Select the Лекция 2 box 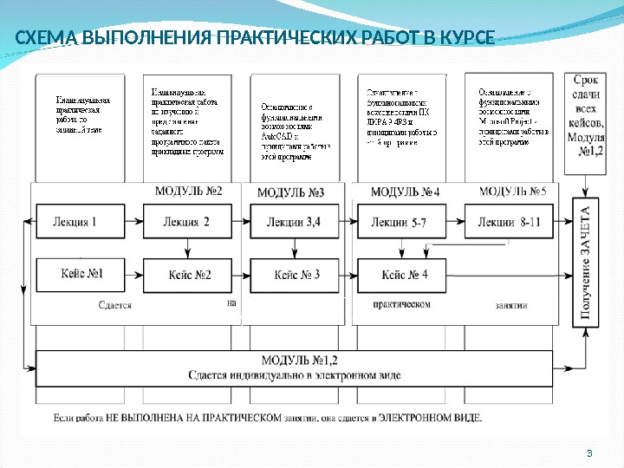[185, 222]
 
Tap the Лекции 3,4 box [294, 222]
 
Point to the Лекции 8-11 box [509, 222]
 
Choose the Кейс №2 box [190, 275]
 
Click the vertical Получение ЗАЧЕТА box [587, 263]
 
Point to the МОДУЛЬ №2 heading [188, 190]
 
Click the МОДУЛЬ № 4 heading [405, 191]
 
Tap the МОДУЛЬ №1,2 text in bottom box [295, 361]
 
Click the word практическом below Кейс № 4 [401, 304]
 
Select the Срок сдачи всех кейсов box [589, 115]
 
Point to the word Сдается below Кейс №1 [114, 304]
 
